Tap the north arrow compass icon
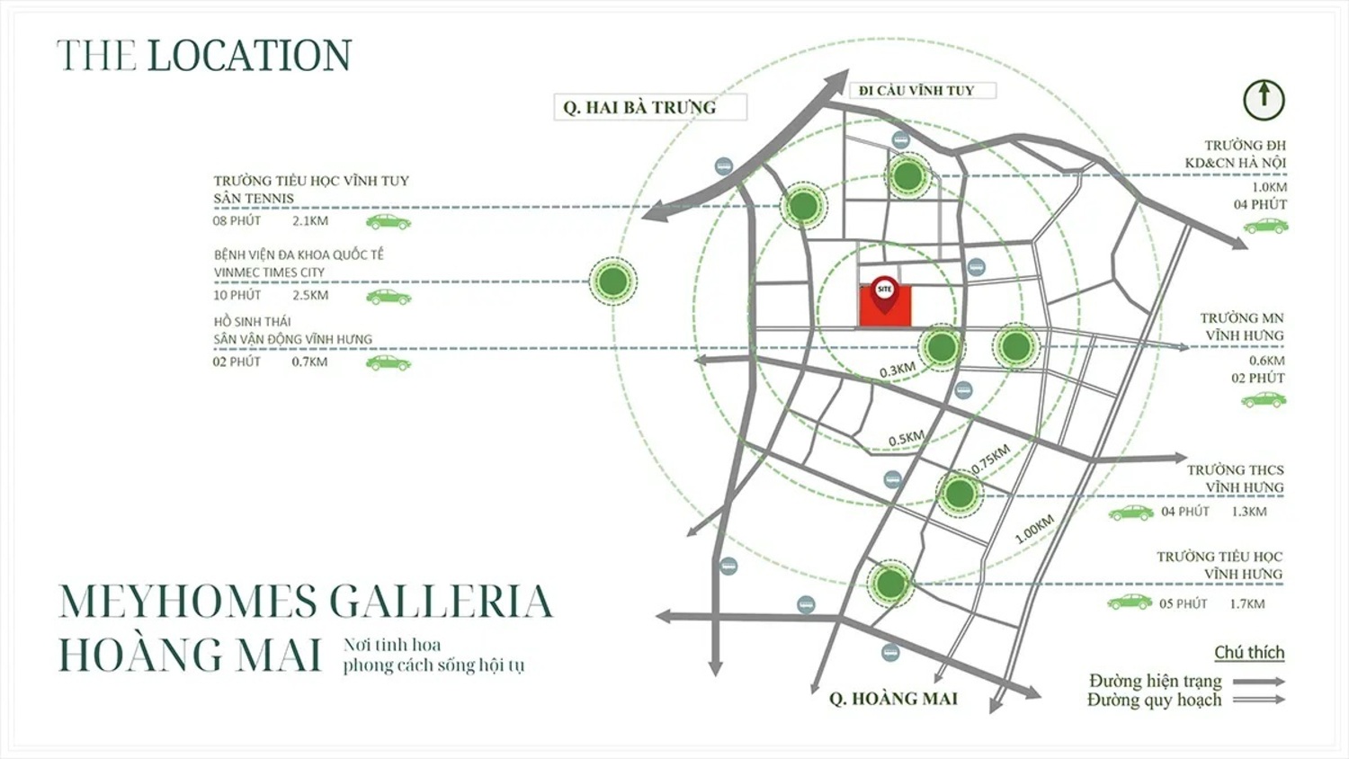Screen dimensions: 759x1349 coord(1264,99)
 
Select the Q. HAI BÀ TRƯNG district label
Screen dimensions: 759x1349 coord(640,107)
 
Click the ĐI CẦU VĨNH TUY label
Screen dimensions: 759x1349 coord(916,91)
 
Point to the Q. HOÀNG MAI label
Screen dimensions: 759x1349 coord(893,699)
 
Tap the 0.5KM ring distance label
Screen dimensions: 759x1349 coord(906,439)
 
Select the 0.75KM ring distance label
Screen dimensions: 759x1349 coord(990,459)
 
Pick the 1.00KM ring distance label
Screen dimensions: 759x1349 coord(1033,529)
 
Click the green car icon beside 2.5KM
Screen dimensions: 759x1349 coord(389,296)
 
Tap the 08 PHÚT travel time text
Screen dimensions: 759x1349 coord(237,220)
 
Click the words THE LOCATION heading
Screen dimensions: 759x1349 coord(204,56)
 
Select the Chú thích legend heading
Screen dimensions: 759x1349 coord(1248,653)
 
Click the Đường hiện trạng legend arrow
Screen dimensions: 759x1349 coord(1258,682)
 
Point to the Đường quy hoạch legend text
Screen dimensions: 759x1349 coord(1154,701)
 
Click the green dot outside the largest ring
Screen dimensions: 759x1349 coord(613,281)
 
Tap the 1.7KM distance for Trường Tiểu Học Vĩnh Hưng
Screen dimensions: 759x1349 coord(1246,604)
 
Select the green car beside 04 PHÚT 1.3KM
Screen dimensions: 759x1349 coord(1130,513)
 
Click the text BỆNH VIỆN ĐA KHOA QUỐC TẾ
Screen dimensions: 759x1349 coord(299,255)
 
